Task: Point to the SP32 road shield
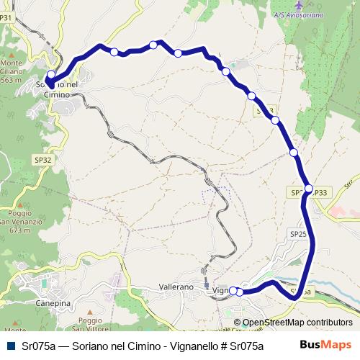[x=43, y=160]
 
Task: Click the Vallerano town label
[x=176, y=287]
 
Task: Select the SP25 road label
[x=298, y=234]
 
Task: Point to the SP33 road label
[x=320, y=192]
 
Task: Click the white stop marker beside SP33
[x=309, y=189]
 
